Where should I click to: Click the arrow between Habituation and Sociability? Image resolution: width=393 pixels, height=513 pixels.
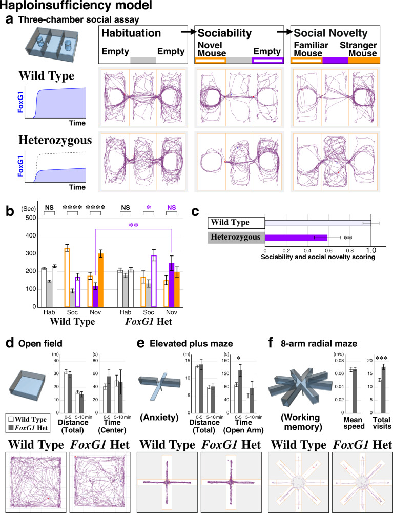tap(189, 32)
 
